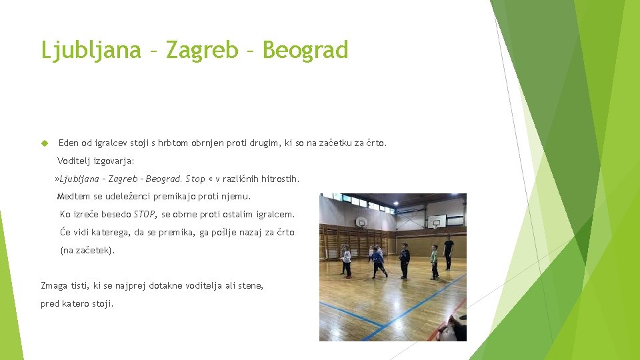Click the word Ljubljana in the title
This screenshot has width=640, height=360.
click(x=91, y=50)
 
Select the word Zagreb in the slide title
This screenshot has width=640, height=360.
click(x=201, y=50)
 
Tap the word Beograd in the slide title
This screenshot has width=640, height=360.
click(x=305, y=50)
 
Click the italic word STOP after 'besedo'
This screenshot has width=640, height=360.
click(x=145, y=215)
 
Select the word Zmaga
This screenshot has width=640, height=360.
click(x=54, y=286)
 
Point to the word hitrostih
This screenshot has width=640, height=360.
click(x=280, y=179)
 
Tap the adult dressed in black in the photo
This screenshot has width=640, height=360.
click(x=448, y=252)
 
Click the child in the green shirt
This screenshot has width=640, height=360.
click(x=434, y=261)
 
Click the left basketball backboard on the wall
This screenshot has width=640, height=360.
click(x=361, y=222)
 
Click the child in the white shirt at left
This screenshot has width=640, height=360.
click(x=346, y=261)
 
